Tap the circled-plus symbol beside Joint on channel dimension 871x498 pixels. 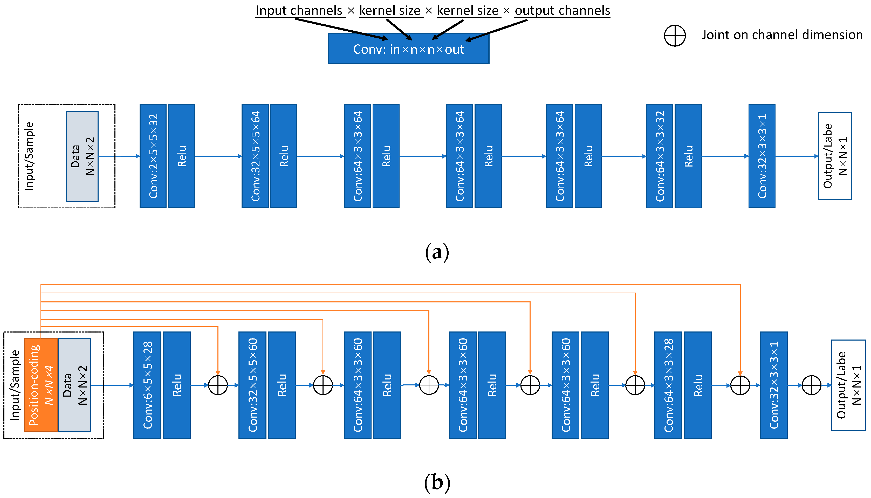click(674, 36)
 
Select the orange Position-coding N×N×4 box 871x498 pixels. click(41, 385)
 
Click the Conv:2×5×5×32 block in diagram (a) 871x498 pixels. click(153, 156)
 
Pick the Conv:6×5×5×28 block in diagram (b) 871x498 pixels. click(147, 385)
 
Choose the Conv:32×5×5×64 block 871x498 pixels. click(255, 156)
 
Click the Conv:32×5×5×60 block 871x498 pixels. click(252, 385)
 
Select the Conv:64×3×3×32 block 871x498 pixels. click(659, 156)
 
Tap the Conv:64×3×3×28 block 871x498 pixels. click(668, 385)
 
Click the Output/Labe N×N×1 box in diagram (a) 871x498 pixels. click(834, 156)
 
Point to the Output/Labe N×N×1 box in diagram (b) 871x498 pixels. click(848, 385)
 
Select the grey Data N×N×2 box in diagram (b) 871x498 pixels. click(74, 385)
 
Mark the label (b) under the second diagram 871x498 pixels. click(437, 482)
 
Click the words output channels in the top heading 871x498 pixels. click(562, 11)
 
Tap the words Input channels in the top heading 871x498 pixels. click(299, 11)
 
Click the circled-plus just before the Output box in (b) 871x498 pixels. click(811, 385)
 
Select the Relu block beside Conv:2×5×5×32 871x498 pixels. click(181, 156)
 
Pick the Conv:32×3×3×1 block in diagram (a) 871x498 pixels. click(762, 156)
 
